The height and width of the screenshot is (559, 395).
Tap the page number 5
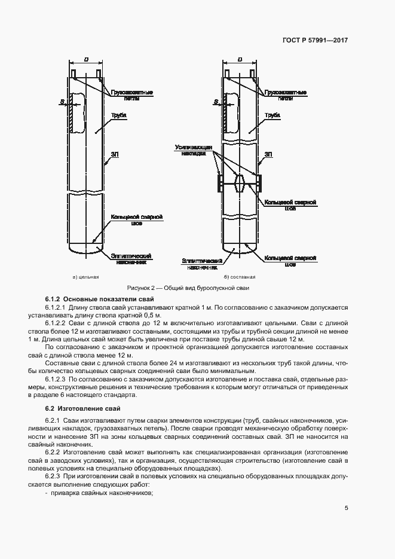tap(347, 508)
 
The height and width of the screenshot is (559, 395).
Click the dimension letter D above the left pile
tap(86, 60)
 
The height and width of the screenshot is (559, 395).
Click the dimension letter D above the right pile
tap(240, 60)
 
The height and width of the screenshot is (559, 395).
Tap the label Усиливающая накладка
tap(191, 149)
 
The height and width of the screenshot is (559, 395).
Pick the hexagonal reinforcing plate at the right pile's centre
tap(240, 181)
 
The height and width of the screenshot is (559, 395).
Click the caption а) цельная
tap(85, 277)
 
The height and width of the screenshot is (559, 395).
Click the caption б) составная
tap(240, 277)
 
